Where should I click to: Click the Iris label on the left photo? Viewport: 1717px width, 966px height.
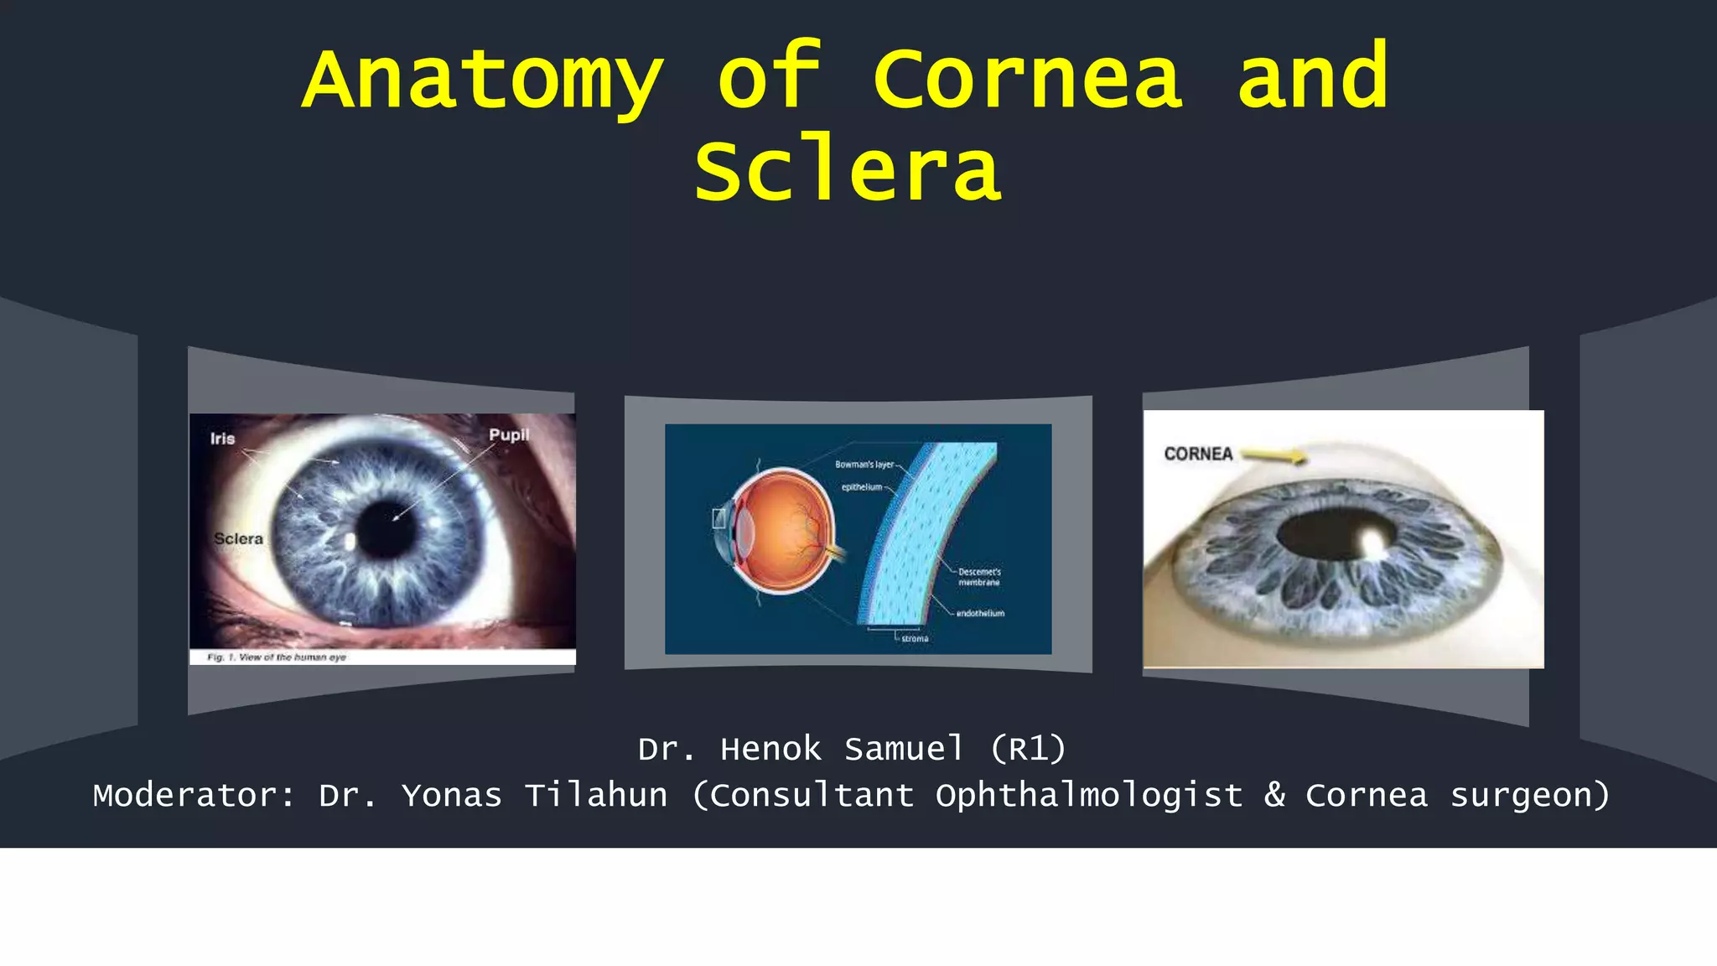tap(222, 439)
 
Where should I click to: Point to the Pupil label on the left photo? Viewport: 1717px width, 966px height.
tap(509, 434)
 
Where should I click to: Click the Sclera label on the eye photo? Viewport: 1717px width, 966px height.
tap(238, 538)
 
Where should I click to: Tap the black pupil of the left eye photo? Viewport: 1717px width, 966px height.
tap(387, 529)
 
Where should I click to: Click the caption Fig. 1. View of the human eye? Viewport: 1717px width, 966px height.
tap(277, 657)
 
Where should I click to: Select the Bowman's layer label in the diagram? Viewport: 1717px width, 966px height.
tap(864, 464)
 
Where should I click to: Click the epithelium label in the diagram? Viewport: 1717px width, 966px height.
tap(862, 487)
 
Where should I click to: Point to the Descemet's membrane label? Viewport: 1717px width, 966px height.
tap(979, 577)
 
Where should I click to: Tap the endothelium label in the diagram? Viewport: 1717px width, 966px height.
tap(980, 613)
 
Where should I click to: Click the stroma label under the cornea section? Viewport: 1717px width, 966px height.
tap(915, 639)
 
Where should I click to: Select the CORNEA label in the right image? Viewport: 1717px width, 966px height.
tap(1198, 454)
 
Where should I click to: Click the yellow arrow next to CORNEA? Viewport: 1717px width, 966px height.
tap(1273, 455)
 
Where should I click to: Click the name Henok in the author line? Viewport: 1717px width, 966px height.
tap(770, 749)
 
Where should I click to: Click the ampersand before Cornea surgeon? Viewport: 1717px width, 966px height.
tap(1274, 795)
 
